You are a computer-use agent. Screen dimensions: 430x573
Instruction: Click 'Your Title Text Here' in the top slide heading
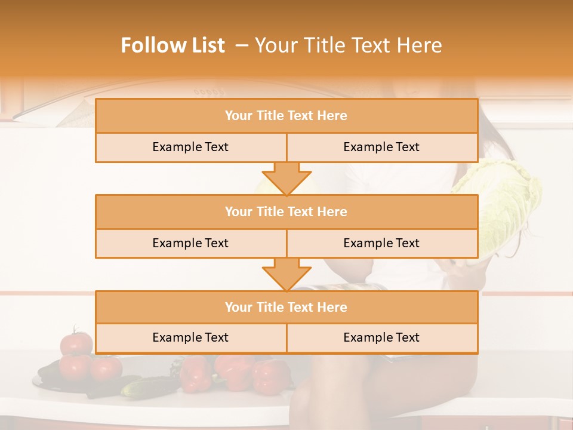pos(349,45)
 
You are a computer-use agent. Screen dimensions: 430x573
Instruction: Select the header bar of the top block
pos(286,116)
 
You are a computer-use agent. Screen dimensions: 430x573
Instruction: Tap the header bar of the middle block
pos(286,211)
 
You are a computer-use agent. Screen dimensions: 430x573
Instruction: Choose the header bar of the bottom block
pos(286,307)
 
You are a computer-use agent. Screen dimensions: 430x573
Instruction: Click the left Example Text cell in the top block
pos(190,147)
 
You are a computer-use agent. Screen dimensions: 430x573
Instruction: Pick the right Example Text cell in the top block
pos(381,147)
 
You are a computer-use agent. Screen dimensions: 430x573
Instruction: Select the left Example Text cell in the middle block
pos(190,243)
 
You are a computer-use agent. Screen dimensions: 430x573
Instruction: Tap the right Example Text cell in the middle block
pos(381,243)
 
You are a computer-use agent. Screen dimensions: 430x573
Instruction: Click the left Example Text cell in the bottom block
pos(190,337)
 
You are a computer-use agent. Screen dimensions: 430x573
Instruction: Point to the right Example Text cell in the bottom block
pos(381,337)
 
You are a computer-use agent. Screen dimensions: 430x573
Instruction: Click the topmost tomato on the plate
pos(76,343)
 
